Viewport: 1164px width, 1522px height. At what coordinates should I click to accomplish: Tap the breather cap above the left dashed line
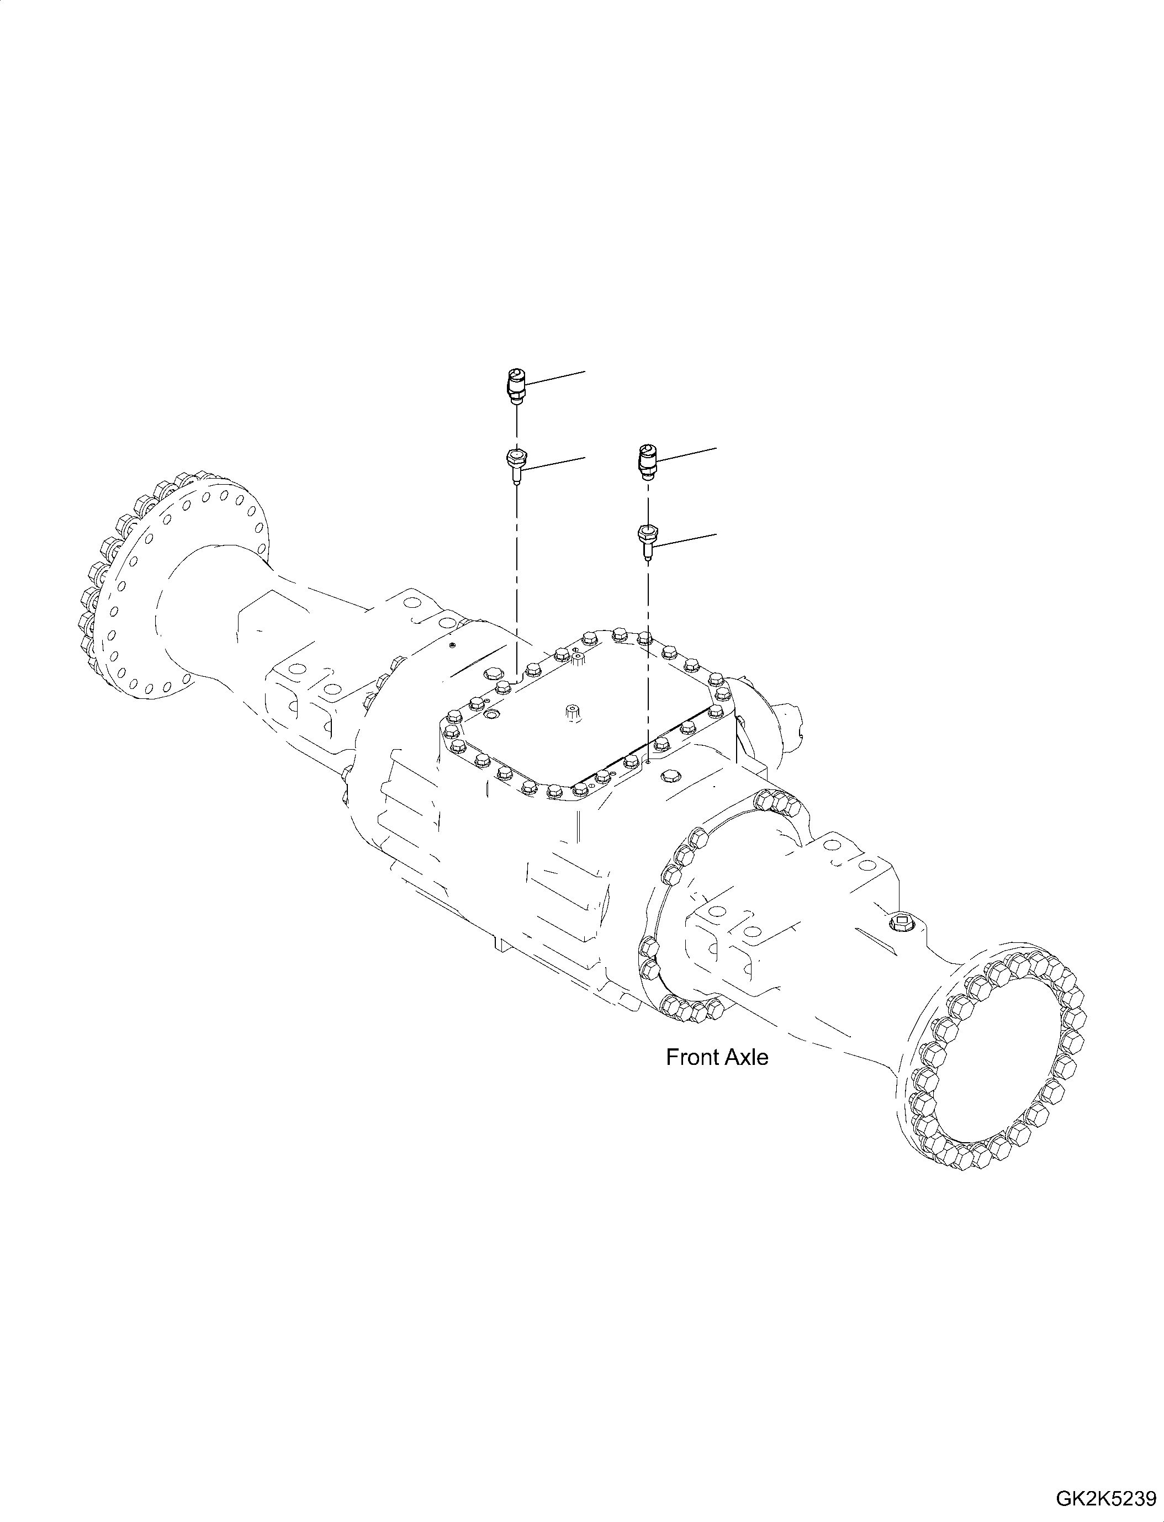coord(515,383)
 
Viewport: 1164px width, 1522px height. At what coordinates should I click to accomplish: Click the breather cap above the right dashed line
coord(647,460)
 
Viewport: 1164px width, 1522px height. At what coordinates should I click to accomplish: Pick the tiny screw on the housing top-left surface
coord(451,646)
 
